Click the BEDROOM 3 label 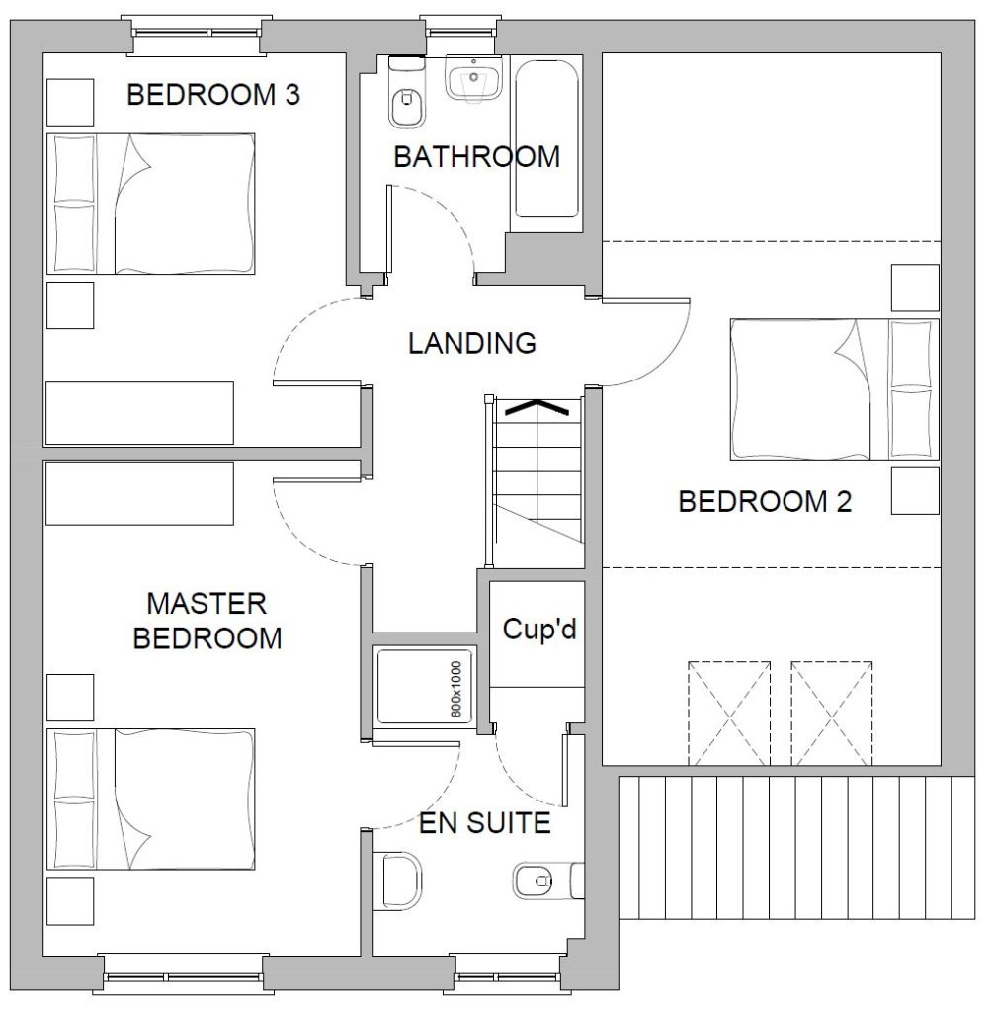[x=213, y=95]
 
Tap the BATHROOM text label [x=477, y=157]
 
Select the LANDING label [x=472, y=343]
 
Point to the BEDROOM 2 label [x=766, y=501]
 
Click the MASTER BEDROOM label [x=207, y=621]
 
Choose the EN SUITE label [x=485, y=823]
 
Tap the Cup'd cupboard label [x=539, y=629]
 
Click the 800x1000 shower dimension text [x=456, y=689]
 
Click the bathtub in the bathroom [x=546, y=139]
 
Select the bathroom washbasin [x=473, y=78]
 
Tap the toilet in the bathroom [x=407, y=92]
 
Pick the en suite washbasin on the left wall [x=398, y=882]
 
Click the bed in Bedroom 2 [x=835, y=389]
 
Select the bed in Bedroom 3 [x=151, y=204]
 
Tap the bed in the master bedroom [x=151, y=800]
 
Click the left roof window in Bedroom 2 [x=729, y=714]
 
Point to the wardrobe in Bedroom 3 [x=139, y=413]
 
